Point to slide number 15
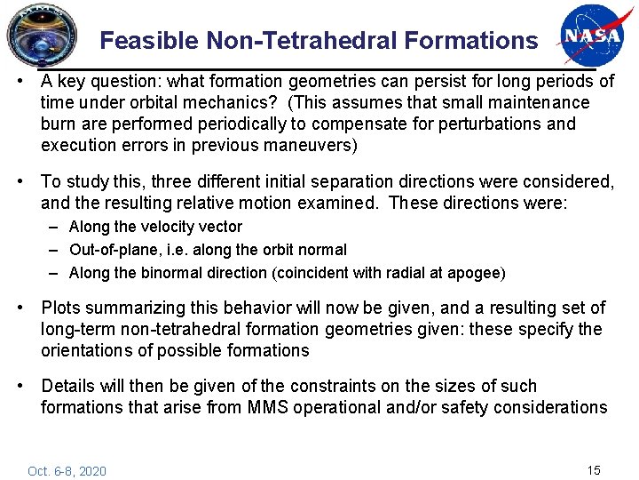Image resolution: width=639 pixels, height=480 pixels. (594, 468)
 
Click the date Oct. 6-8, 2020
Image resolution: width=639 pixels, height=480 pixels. (67, 470)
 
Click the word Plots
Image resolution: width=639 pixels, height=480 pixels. (62, 308)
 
